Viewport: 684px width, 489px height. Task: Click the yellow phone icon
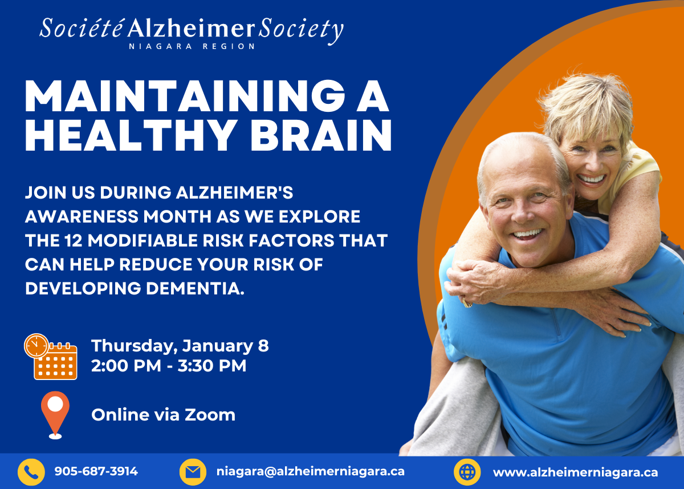point(31,472)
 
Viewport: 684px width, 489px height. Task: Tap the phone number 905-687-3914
point(96,471)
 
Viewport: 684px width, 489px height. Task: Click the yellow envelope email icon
point(193,472)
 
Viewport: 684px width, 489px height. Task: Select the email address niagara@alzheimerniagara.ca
point(311,471)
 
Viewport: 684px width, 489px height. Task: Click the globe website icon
point(467,472)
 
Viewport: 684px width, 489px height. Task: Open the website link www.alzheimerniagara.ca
point(575,472)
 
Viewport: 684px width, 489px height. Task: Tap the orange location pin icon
point(55,415)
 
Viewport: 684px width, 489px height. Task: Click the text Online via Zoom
point(164,415)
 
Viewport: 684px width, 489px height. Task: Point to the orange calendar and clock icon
point(51,357)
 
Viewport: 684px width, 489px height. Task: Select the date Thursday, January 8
point(180,346)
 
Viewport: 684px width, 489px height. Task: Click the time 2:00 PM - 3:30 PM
point(169,366)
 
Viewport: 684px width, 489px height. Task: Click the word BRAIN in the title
point(321,135)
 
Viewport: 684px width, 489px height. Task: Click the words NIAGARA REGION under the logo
point(192,46)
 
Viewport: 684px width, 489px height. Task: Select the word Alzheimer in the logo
point(191,28)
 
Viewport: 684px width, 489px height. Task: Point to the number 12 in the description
point(74,240)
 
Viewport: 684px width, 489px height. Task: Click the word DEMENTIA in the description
point(196,288)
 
